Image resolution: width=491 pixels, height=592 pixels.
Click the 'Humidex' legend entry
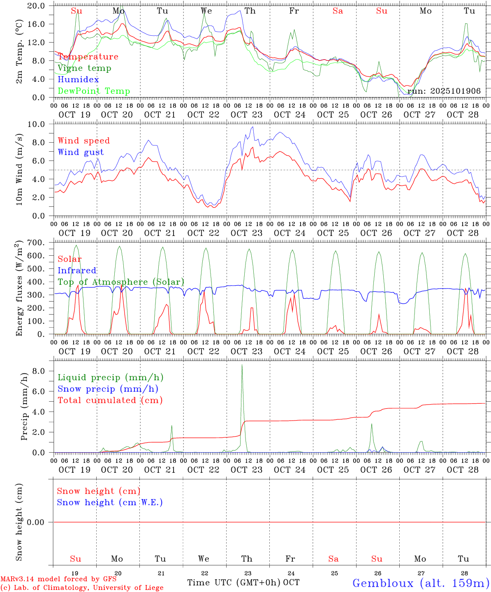(78, 79)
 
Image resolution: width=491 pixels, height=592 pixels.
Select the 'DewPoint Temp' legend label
(94, 91)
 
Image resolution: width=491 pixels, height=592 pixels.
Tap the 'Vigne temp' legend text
(84, 68)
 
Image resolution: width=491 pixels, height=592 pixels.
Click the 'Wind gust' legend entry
(81, 152)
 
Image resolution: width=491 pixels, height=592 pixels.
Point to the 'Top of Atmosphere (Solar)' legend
(121, 282)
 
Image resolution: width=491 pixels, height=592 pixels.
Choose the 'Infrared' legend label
(77, 271)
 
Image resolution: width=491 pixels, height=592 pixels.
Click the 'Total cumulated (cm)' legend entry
(110, 400)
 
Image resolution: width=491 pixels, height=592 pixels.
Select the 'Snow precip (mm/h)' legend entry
(108, 388)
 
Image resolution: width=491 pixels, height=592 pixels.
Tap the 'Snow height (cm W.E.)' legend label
(110, 502)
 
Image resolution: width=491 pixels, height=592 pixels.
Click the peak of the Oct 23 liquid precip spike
(242, 365)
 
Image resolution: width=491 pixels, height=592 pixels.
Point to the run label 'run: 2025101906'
(444, 91)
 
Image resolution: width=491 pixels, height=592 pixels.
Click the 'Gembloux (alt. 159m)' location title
(421, 583)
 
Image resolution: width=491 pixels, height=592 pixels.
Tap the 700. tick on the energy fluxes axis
(40, 243)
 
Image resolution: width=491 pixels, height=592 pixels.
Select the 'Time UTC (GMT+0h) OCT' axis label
(243, 583)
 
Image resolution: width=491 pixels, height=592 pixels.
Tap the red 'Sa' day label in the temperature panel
(338, 11)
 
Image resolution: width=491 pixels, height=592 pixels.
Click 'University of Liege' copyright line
(82, 587)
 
